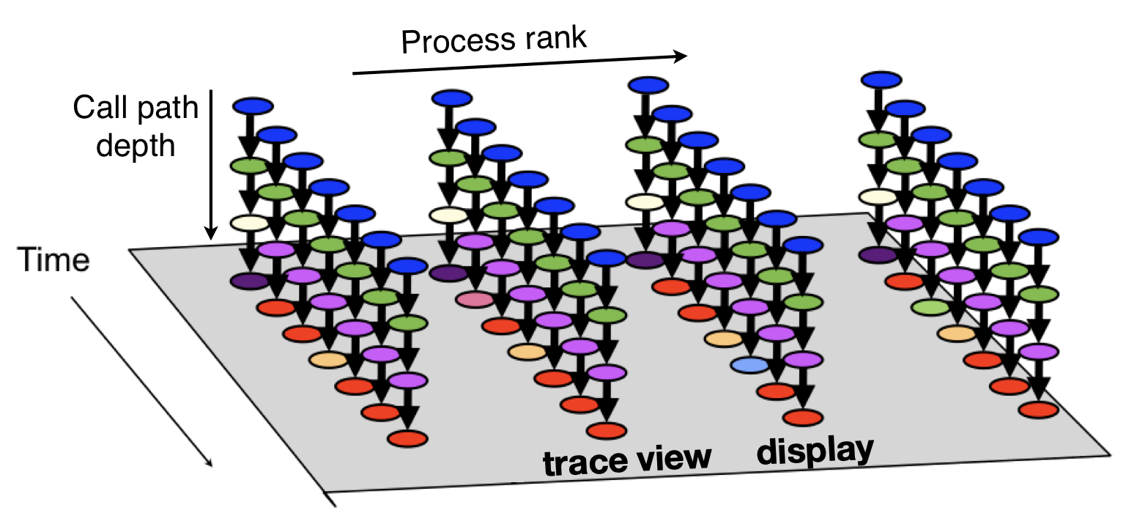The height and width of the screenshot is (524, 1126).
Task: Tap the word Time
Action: tap(53, 261)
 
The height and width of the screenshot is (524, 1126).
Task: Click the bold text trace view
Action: tap(627, 459)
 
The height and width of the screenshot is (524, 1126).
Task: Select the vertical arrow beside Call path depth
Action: tap(210, 165)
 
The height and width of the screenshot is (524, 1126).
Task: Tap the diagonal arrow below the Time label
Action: tap(142, 381)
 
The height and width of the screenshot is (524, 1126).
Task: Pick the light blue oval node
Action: tap(749, 364)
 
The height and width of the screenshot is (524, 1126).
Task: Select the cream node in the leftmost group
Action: tap(250, 222)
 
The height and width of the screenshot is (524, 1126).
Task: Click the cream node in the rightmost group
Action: tap(878, 196)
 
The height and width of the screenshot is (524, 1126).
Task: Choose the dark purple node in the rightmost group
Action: tap(878, 254)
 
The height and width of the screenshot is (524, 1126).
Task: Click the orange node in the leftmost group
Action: tap(328, 359)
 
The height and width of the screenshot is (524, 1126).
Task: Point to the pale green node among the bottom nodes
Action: tap(930, 307)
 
